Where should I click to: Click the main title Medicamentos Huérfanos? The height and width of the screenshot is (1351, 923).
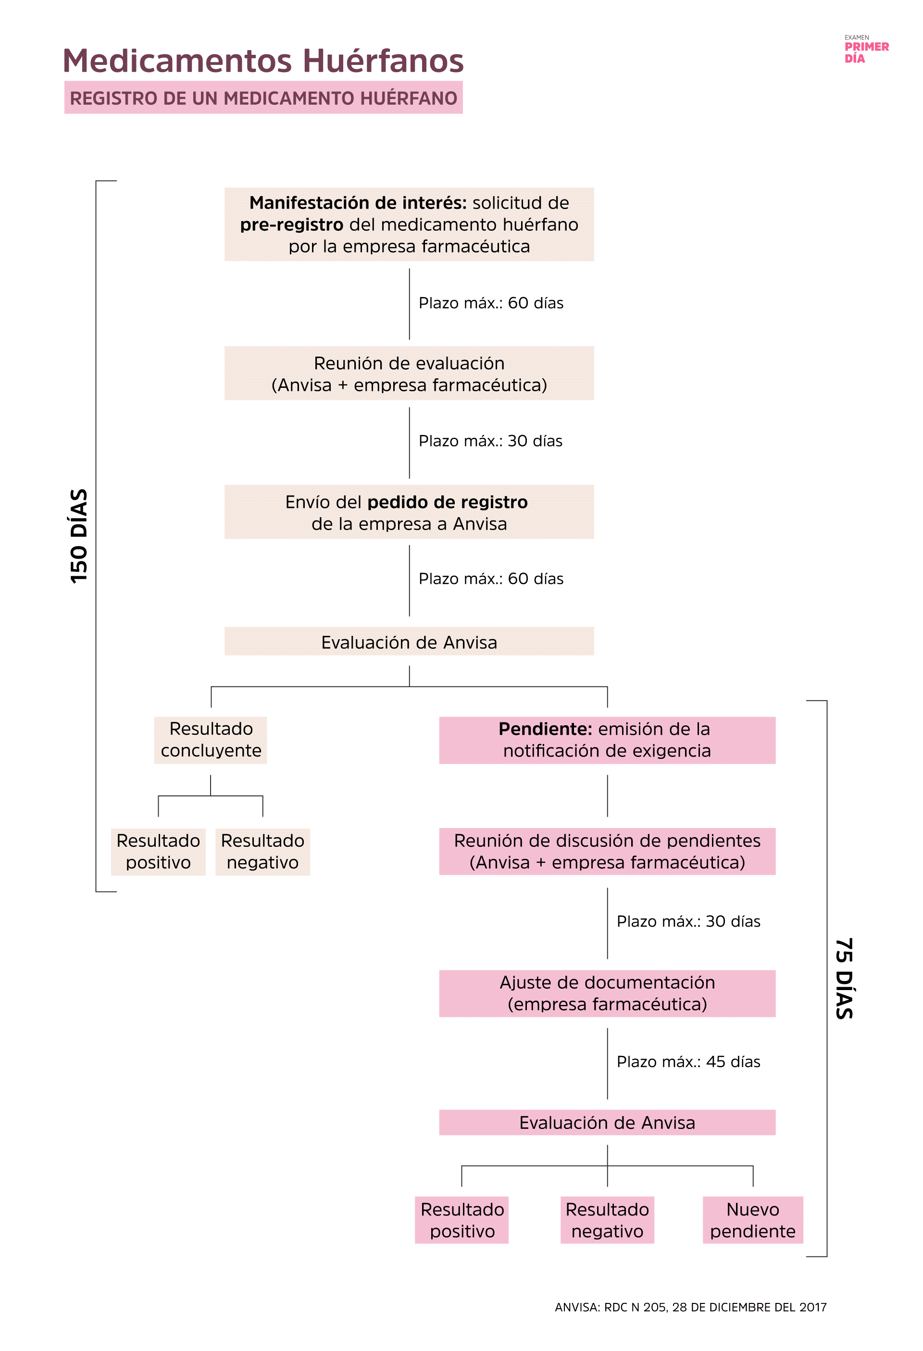[x=263, y=61]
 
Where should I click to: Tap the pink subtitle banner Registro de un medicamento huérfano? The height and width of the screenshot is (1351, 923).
[x=263, y=98]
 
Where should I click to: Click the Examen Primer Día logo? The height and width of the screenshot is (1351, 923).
[x=866, y=50]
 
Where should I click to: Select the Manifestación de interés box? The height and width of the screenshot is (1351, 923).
[x=409, y=224]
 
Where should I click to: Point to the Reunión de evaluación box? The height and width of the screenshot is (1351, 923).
[x=409, y=373]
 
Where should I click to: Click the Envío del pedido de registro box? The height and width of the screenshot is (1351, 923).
[x=409, y=512]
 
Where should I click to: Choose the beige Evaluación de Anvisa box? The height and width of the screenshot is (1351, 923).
[x=409, y=642]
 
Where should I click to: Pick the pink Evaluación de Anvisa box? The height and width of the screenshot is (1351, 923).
[x=607, y=1122]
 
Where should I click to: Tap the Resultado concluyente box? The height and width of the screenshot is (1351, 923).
[x=211, y=740]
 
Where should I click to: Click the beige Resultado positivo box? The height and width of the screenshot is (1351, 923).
[x=158, y=851]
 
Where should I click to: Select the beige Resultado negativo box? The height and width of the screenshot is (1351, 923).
[x=262, y=851]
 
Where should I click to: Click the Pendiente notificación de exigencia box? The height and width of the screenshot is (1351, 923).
[x=607, y=740]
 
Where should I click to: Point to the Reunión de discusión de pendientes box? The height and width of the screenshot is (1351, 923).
[x=607, y=851]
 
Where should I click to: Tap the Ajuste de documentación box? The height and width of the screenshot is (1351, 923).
[x=607, y=993]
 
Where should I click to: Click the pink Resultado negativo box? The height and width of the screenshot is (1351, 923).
[x=607, y=1220]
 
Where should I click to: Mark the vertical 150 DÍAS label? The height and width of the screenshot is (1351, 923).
[x=78, y=535]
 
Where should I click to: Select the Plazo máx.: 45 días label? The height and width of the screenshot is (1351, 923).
[x=688, y=1062]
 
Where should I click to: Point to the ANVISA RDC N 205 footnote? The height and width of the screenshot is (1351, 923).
[x=690, y=1307]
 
